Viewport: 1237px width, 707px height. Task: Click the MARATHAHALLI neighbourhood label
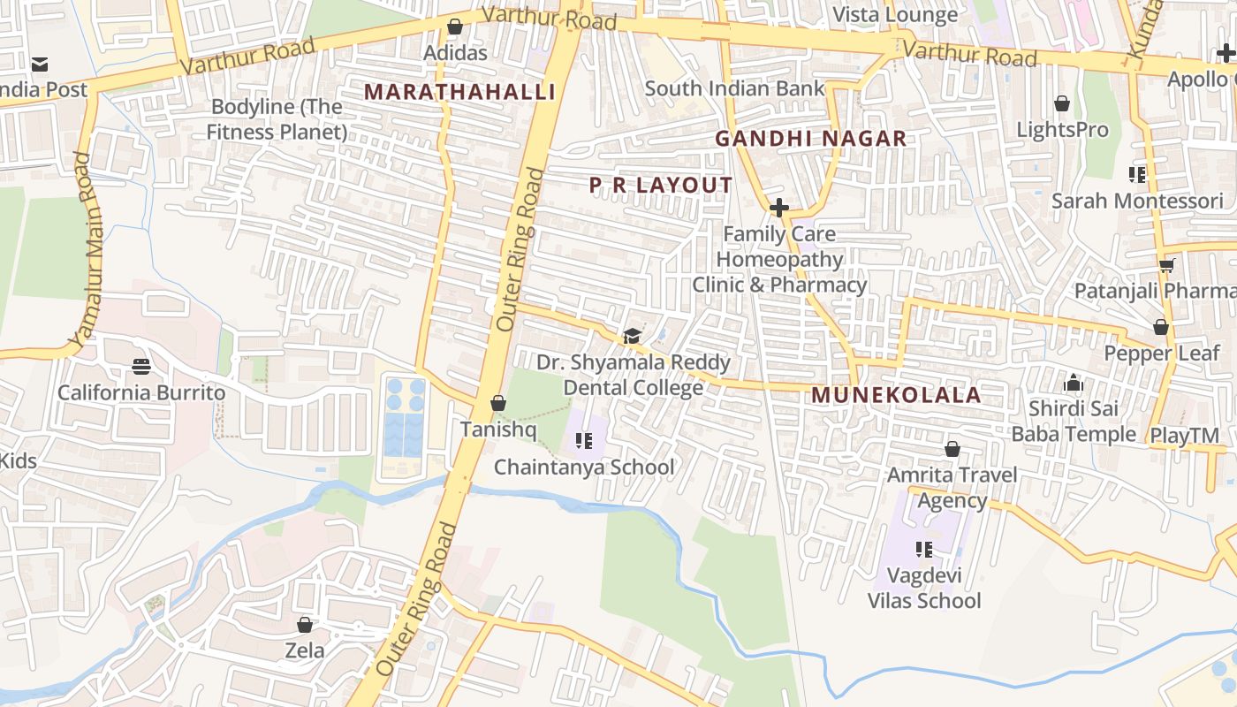tap(459, 92)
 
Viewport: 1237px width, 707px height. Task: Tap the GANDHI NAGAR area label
tap(810, 139)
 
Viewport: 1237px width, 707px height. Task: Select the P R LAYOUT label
tap(661, 185)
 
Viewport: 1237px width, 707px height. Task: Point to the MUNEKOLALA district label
tap(896, 395)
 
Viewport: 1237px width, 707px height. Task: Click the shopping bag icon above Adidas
tap(455, 27)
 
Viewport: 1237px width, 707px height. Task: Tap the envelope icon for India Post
tap(40, 65)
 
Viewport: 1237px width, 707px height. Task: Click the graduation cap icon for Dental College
tap(632, 336)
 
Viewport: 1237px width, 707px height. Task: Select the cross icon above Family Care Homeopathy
tap(778, 209)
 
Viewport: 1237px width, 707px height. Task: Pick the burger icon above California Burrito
tap(140, 366)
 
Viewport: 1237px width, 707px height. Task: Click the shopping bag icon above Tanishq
tap(498, 403)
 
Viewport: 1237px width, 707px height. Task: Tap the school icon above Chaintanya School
tap(583, 440)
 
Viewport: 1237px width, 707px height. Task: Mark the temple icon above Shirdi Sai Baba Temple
tap(1074, 383)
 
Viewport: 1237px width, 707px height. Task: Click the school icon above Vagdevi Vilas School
tap(924, 550)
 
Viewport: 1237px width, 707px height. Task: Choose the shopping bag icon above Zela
tap(305, 625)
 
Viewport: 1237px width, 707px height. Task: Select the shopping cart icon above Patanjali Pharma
tap(1166, 265)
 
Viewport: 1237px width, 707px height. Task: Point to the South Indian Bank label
tap(734, 88)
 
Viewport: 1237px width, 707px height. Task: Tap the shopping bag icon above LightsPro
tap(1062, 103)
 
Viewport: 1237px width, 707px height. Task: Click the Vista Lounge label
tap(895, 15)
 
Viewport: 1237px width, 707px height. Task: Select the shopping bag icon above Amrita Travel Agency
tap(952, 449)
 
